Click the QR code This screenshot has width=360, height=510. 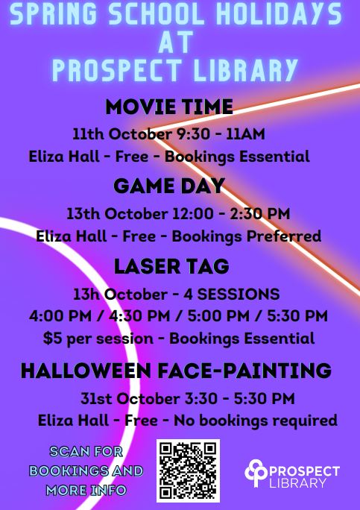tap(188, 470)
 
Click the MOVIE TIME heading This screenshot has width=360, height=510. tap(169, 107)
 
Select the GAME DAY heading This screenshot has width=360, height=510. tap(169, 186)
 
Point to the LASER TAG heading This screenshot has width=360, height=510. tap(171, 266)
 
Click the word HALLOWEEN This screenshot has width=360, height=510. tap(86, 371)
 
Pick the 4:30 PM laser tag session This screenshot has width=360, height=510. tap(139, 316)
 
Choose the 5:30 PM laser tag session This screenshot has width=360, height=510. tap(297, 316)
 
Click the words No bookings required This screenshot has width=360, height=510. tap(256, 421)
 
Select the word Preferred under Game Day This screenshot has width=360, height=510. tap(283, 236)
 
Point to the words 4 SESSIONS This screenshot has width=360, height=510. tap(232, 295)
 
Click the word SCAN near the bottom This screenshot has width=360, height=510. tap(69, 451)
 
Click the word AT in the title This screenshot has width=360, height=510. tap(176, 42)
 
